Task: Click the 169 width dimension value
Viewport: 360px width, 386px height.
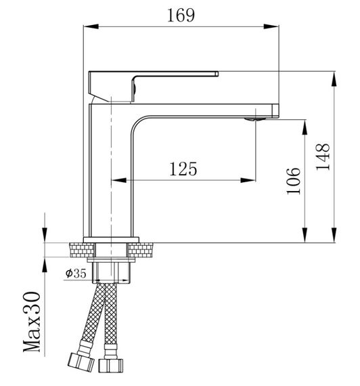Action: tap(181, 16)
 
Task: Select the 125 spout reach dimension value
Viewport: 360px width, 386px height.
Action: tap(183, 169)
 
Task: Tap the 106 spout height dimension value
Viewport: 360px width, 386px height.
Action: tap(294, 181)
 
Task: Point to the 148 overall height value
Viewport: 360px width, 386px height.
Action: tap(323, 156)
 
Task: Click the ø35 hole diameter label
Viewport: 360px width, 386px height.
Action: tap(76, 274)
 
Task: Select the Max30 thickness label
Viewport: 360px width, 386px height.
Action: tap(32, 322)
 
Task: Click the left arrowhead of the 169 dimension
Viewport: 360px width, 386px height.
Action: tap(91, 26)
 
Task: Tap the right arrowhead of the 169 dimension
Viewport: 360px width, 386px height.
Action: tap(271, 26)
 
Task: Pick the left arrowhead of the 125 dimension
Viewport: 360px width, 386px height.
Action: tap(119, 180)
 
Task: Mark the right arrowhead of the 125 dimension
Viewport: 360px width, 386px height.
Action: tap(248, 180)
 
